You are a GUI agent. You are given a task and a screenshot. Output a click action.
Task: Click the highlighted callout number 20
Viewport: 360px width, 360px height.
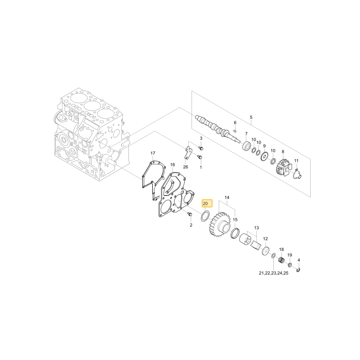(x=205, y=204)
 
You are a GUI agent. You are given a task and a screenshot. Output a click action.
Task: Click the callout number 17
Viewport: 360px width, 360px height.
(x=153, y=153)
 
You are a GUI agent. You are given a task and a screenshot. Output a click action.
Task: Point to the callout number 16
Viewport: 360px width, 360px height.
(x=173, y=165)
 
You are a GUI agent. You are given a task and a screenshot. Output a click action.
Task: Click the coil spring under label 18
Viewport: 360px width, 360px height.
(x=282, y=260)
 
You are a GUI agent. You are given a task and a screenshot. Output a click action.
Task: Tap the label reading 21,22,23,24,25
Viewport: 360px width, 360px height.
(x=274, y=273)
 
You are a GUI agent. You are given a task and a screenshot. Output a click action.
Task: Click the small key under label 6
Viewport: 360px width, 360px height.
(x=235, y=131)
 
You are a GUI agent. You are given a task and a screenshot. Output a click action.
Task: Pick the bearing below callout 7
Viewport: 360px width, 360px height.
(x=247, y=146)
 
